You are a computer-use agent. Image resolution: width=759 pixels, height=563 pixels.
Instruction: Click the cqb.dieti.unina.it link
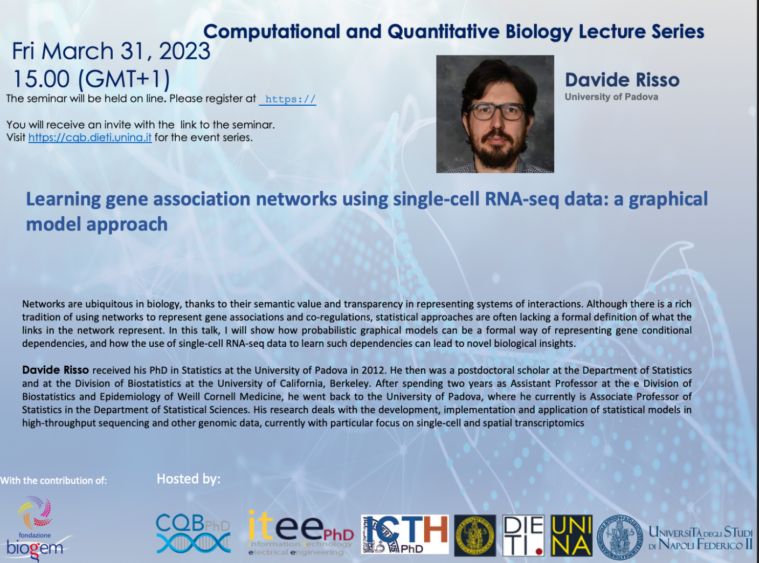click(x=90, y=138)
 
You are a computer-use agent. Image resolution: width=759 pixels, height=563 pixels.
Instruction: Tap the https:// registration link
click(x=288, y=99)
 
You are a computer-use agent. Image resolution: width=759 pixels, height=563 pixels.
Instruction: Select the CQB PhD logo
click(x=194, y=533)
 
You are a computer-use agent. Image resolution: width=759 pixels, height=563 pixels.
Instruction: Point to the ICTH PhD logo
click(x=405, y=534)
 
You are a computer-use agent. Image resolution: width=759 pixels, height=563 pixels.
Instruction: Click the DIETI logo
click(x=523, y=535)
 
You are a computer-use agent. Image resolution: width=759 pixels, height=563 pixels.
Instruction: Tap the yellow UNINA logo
click(x=571, y=535)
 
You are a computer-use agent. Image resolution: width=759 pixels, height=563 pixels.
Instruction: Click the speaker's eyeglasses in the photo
click(x=496, y=111)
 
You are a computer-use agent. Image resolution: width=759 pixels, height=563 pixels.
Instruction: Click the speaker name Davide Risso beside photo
click(x=622, y=80)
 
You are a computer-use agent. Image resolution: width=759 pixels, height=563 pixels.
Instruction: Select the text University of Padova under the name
click(x=611, y=97)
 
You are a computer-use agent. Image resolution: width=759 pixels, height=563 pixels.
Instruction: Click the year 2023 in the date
click(x=184, y=51)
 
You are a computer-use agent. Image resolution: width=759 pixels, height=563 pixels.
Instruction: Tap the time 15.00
click(x=42, y=79)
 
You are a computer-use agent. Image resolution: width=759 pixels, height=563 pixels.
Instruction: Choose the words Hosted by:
click(x=189, y=479)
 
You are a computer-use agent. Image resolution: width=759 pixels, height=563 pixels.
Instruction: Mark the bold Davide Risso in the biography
click(x=56, y=370)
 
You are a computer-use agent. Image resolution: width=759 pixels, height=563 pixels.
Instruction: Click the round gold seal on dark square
click(x=475, y=535)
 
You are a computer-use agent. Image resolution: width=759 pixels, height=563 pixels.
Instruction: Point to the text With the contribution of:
click(x=53, y=480)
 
